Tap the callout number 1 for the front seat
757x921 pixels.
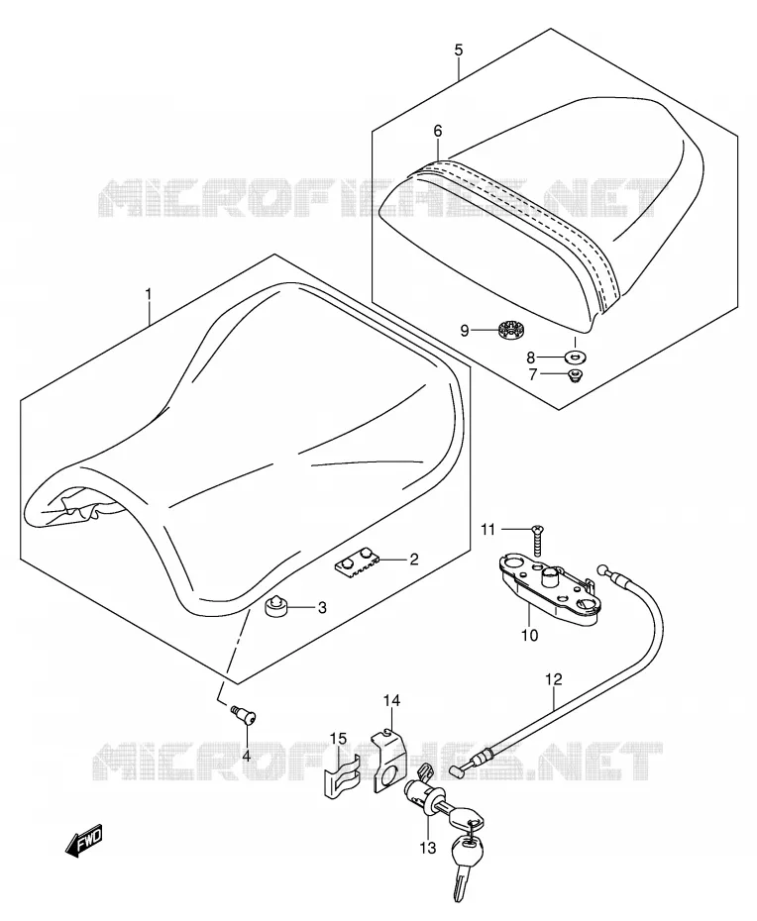coord(149,294)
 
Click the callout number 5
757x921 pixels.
coord(459,50)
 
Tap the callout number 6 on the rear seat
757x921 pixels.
coord(438,131)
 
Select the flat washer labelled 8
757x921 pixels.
coord(575,356)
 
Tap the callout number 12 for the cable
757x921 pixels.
coord(554,679)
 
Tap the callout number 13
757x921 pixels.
coord(428,848)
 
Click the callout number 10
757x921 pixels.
coord(529,635)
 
